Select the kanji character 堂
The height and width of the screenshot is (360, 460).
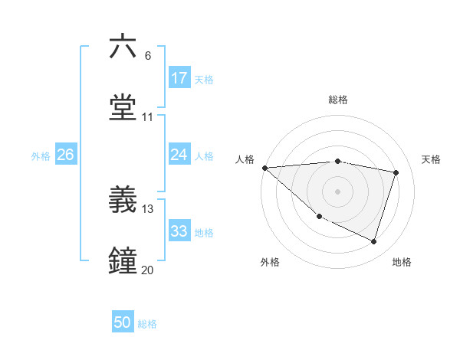pyautogui.click(x=123, y=109)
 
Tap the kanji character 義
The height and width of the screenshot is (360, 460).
pyautogui.click(x=123, y=201)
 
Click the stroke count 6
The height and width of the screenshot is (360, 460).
pyautogui.click(x=148, y=55)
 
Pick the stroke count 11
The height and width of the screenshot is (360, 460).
pyautogui.click(x=148, y=117)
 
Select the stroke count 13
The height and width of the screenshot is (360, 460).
pyautogui.click(x=148, y=209)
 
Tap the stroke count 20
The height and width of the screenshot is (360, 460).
pyautogui.click(x=148, y=270)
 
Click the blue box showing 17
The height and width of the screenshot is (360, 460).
pyautogui.click(x=179, y=78)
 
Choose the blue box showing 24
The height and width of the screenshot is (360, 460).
pyautogui.click(x=179, y=155)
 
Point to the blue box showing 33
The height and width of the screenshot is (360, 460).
pyautogui.click(x=179, y=231)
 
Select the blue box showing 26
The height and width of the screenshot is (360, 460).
pyautogui.click(x=65, y=155)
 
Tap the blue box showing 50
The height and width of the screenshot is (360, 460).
pyautogui.click(x=123, y=322)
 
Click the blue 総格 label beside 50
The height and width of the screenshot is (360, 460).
pyautogui.click(x=147, y=324)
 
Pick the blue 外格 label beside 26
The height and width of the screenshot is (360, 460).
pyautogui.click(x=41, y=155)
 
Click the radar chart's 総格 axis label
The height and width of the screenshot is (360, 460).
pyautogui.click(x=338, y=100)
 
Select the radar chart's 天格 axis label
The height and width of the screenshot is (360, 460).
pyautogui.click(x=431, y=159)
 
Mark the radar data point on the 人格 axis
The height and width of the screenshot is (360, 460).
pyautogui.click(x=264, y=168)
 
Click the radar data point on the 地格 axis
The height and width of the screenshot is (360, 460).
pyautogui.click(x=373, y=242)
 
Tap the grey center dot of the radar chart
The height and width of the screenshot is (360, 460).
pyautogui.click(x=338, y=191)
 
